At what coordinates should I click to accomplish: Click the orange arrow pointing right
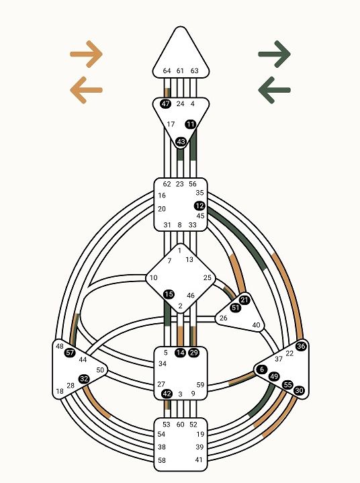click(86, 54)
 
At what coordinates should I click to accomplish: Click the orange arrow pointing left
click(86, 90)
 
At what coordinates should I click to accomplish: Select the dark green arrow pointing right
click(275, 54)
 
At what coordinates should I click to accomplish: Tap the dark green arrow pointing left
click(275, 90)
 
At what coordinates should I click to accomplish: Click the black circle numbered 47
click(165, 104)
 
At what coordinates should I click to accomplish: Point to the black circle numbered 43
click(181, 142)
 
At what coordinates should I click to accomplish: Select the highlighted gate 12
click(199, 206)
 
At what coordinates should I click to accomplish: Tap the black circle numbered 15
click(169, 294)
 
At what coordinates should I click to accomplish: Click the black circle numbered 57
click(70, 353)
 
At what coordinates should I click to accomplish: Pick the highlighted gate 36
click(301, 346)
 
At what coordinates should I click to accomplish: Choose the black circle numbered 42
click(167, 394)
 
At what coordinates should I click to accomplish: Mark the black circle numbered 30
click(299, 390)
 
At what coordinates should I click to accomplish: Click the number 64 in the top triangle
click(167, 71)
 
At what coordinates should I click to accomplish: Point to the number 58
click(162, 460)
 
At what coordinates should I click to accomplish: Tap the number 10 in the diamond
click(153, 278)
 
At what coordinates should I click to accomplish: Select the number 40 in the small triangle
click(256, 325)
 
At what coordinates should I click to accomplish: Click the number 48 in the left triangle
click(59, 347)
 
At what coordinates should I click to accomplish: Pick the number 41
click(199, 460)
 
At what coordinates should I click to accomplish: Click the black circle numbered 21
click(244, 300)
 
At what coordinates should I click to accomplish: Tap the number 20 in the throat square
click(162, 209)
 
